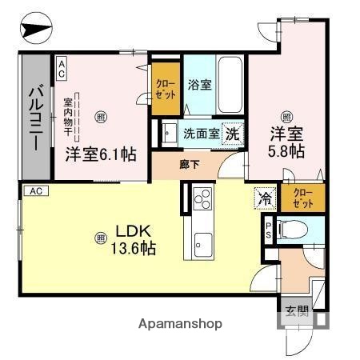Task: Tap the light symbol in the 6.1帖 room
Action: pos(99,118)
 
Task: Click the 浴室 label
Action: pos(199,84)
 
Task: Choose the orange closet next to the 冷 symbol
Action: pos(301,198)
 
